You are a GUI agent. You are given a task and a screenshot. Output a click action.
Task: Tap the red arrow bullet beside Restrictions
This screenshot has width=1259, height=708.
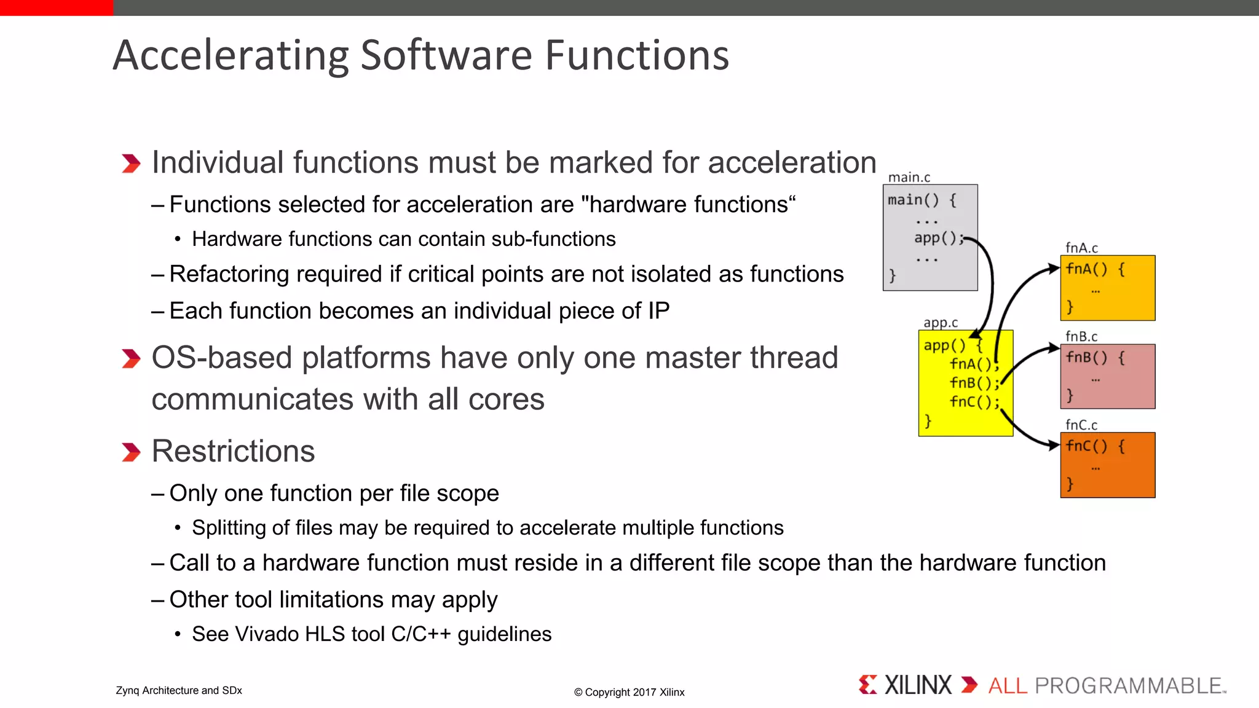pos(131,452)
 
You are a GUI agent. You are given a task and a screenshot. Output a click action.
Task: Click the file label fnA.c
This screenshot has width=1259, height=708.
pos(1081,248)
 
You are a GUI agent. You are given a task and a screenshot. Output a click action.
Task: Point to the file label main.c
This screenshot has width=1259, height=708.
pos(909,177)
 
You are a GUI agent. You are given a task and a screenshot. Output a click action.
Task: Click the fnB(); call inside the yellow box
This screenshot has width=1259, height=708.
pos(974,383)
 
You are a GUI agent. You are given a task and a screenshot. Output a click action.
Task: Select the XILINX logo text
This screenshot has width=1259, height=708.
pos(917,685)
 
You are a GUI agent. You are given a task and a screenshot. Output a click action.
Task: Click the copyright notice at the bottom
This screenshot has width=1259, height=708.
pos(629,692)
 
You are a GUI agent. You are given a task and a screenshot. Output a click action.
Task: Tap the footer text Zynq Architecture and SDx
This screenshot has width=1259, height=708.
pos(179,690)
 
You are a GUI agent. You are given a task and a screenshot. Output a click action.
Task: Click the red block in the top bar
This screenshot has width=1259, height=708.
pos(57,7)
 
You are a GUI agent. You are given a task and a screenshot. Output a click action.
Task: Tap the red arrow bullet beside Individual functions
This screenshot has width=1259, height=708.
pos(131,163)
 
